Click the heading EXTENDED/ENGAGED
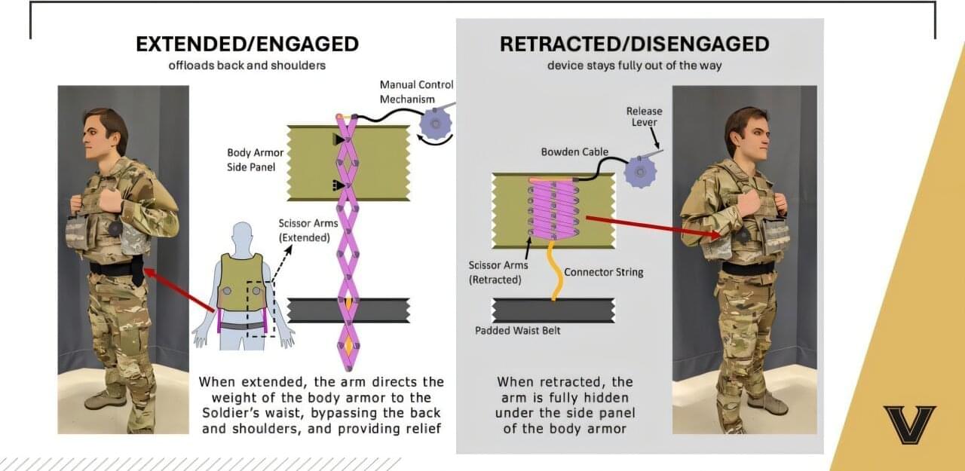coord(247,44)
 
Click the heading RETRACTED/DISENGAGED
coord(634,44)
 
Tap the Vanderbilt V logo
coord(909,424)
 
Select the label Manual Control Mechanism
coord(416,92)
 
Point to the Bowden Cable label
coord(574,152)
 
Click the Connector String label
coord(604,271)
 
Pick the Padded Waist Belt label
coord(517,330)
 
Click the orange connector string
coord(556,268)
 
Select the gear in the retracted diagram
coord(640,173)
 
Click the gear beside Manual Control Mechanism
coord(436,123)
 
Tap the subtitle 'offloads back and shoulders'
coord(247,65)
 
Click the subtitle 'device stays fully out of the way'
coord(634,65)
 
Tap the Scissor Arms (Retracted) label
coord(499,271)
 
